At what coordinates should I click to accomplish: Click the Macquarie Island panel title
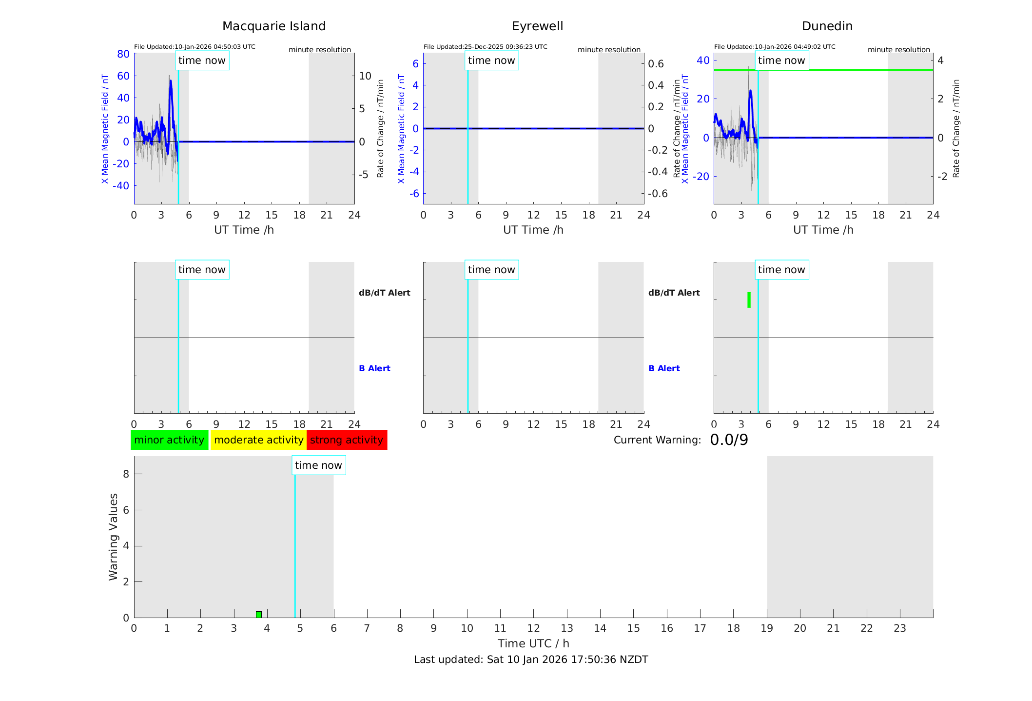coord(274,26)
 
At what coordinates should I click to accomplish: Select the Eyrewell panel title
coord(537,26)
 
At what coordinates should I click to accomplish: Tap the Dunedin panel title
coord(827,26)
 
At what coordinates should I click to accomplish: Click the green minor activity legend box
coord(169,440)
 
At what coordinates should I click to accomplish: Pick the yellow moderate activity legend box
coord(258,440)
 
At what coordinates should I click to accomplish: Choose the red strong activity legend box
coord(347,440)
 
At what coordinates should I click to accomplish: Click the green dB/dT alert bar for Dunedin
coord(749,300)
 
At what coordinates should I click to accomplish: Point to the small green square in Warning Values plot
coord(259,614)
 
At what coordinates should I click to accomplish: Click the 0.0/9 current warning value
coord(729,440)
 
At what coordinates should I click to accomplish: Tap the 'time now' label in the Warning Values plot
coord(318,465)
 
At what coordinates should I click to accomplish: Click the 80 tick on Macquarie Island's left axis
coord(123,54)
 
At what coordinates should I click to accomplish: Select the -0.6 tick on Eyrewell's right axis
coord(658,194)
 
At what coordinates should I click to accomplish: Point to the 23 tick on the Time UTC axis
coord(899,628)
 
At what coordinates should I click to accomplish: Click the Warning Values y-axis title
coord(113,537)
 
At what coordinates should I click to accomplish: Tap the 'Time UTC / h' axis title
coord(533,643)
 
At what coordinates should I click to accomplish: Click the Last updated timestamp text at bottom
coord(531,660)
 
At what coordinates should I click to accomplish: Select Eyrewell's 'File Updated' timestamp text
coord(485,47)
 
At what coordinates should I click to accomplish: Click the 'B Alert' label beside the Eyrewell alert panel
coord(664,368)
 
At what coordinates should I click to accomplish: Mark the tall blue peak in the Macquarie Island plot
coord(171,82)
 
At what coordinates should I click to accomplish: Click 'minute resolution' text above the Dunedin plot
coord(898,50)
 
